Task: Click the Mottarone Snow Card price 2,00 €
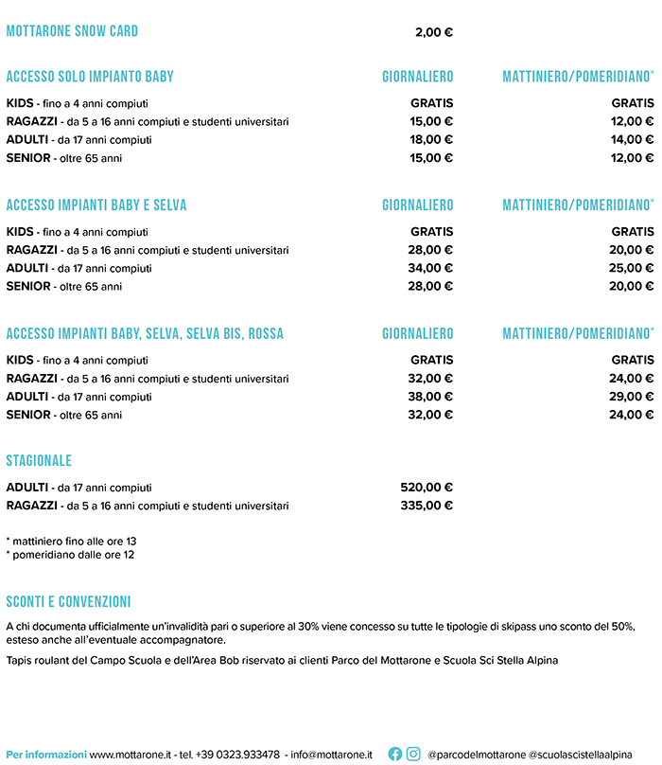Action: tap(434, 32)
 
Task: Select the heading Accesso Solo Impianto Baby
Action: tap(90, 77)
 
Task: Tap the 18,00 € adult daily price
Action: tap(431, 139)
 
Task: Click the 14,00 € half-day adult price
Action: tap(632, 139)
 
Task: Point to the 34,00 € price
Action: tap(431, 268)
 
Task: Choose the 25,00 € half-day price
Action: tap(632, 268)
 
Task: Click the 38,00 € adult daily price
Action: tap(431, 397)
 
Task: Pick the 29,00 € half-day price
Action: tap(632, 397)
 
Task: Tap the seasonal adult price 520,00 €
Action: tap(427, 488)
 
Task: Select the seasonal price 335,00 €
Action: tap(427, 506)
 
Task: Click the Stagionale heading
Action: tap(39, 461)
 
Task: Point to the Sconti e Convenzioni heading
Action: tap(68, 602)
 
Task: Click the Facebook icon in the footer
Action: tap(395, 755)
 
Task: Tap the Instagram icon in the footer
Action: tap(413, 755)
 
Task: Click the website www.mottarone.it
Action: tap(130, 755)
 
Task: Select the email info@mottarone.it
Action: tap(331, 755)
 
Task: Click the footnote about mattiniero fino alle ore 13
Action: tap(71, 542)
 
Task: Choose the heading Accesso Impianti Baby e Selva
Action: tap(96, 205)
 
